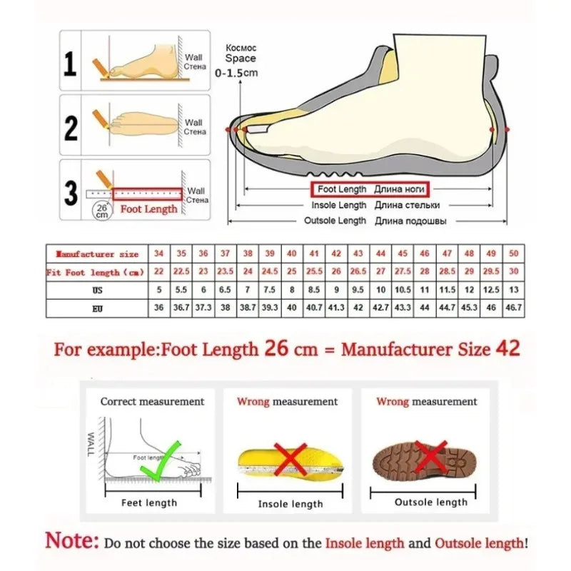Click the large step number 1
pyautogui.click(x=70, y=64)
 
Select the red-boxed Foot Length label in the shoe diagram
pyautogui.click(x=370, y=190)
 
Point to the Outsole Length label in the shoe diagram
pyautogui.click(x=335, y=221)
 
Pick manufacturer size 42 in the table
pyautogui.click(x=336, y=253)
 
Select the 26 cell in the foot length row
pyautogui.click(x=336, y=272)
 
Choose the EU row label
pyautogui.click(x=97, y=308)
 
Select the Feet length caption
pyautogui.click(x=149, y=502)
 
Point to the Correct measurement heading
pyautogui.click(x=152, y=402)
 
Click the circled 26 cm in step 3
pyautogui.click(x=101, y=210)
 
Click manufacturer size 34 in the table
pyautogui.click(x=158, y=253)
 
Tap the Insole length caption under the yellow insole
pyautogui.click(x=290, y=504)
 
